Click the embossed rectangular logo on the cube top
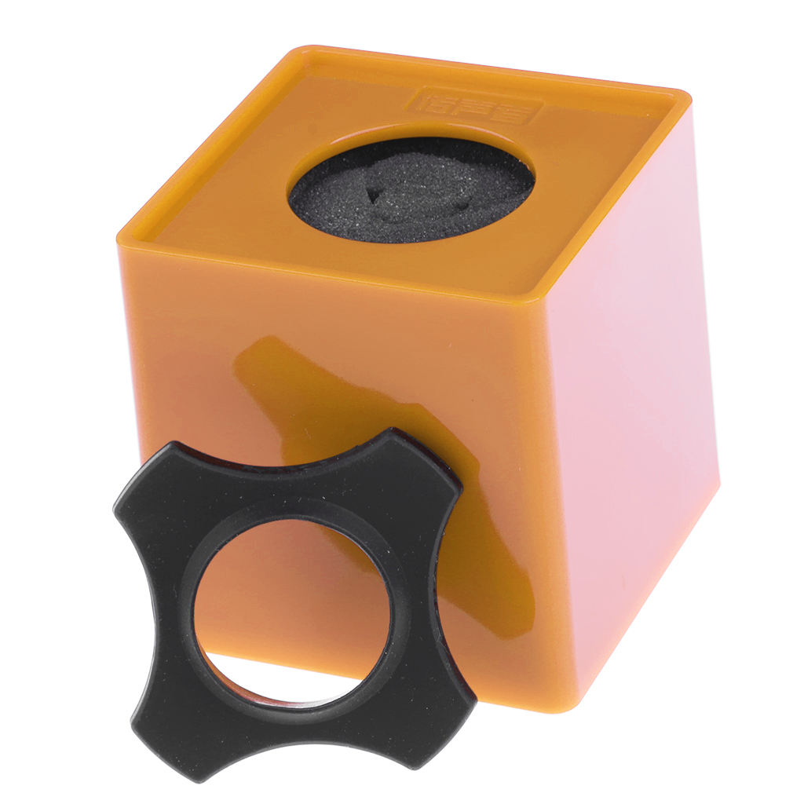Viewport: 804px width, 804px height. click(x=476, y=106)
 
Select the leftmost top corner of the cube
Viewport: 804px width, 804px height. click(x=122, y=236)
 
